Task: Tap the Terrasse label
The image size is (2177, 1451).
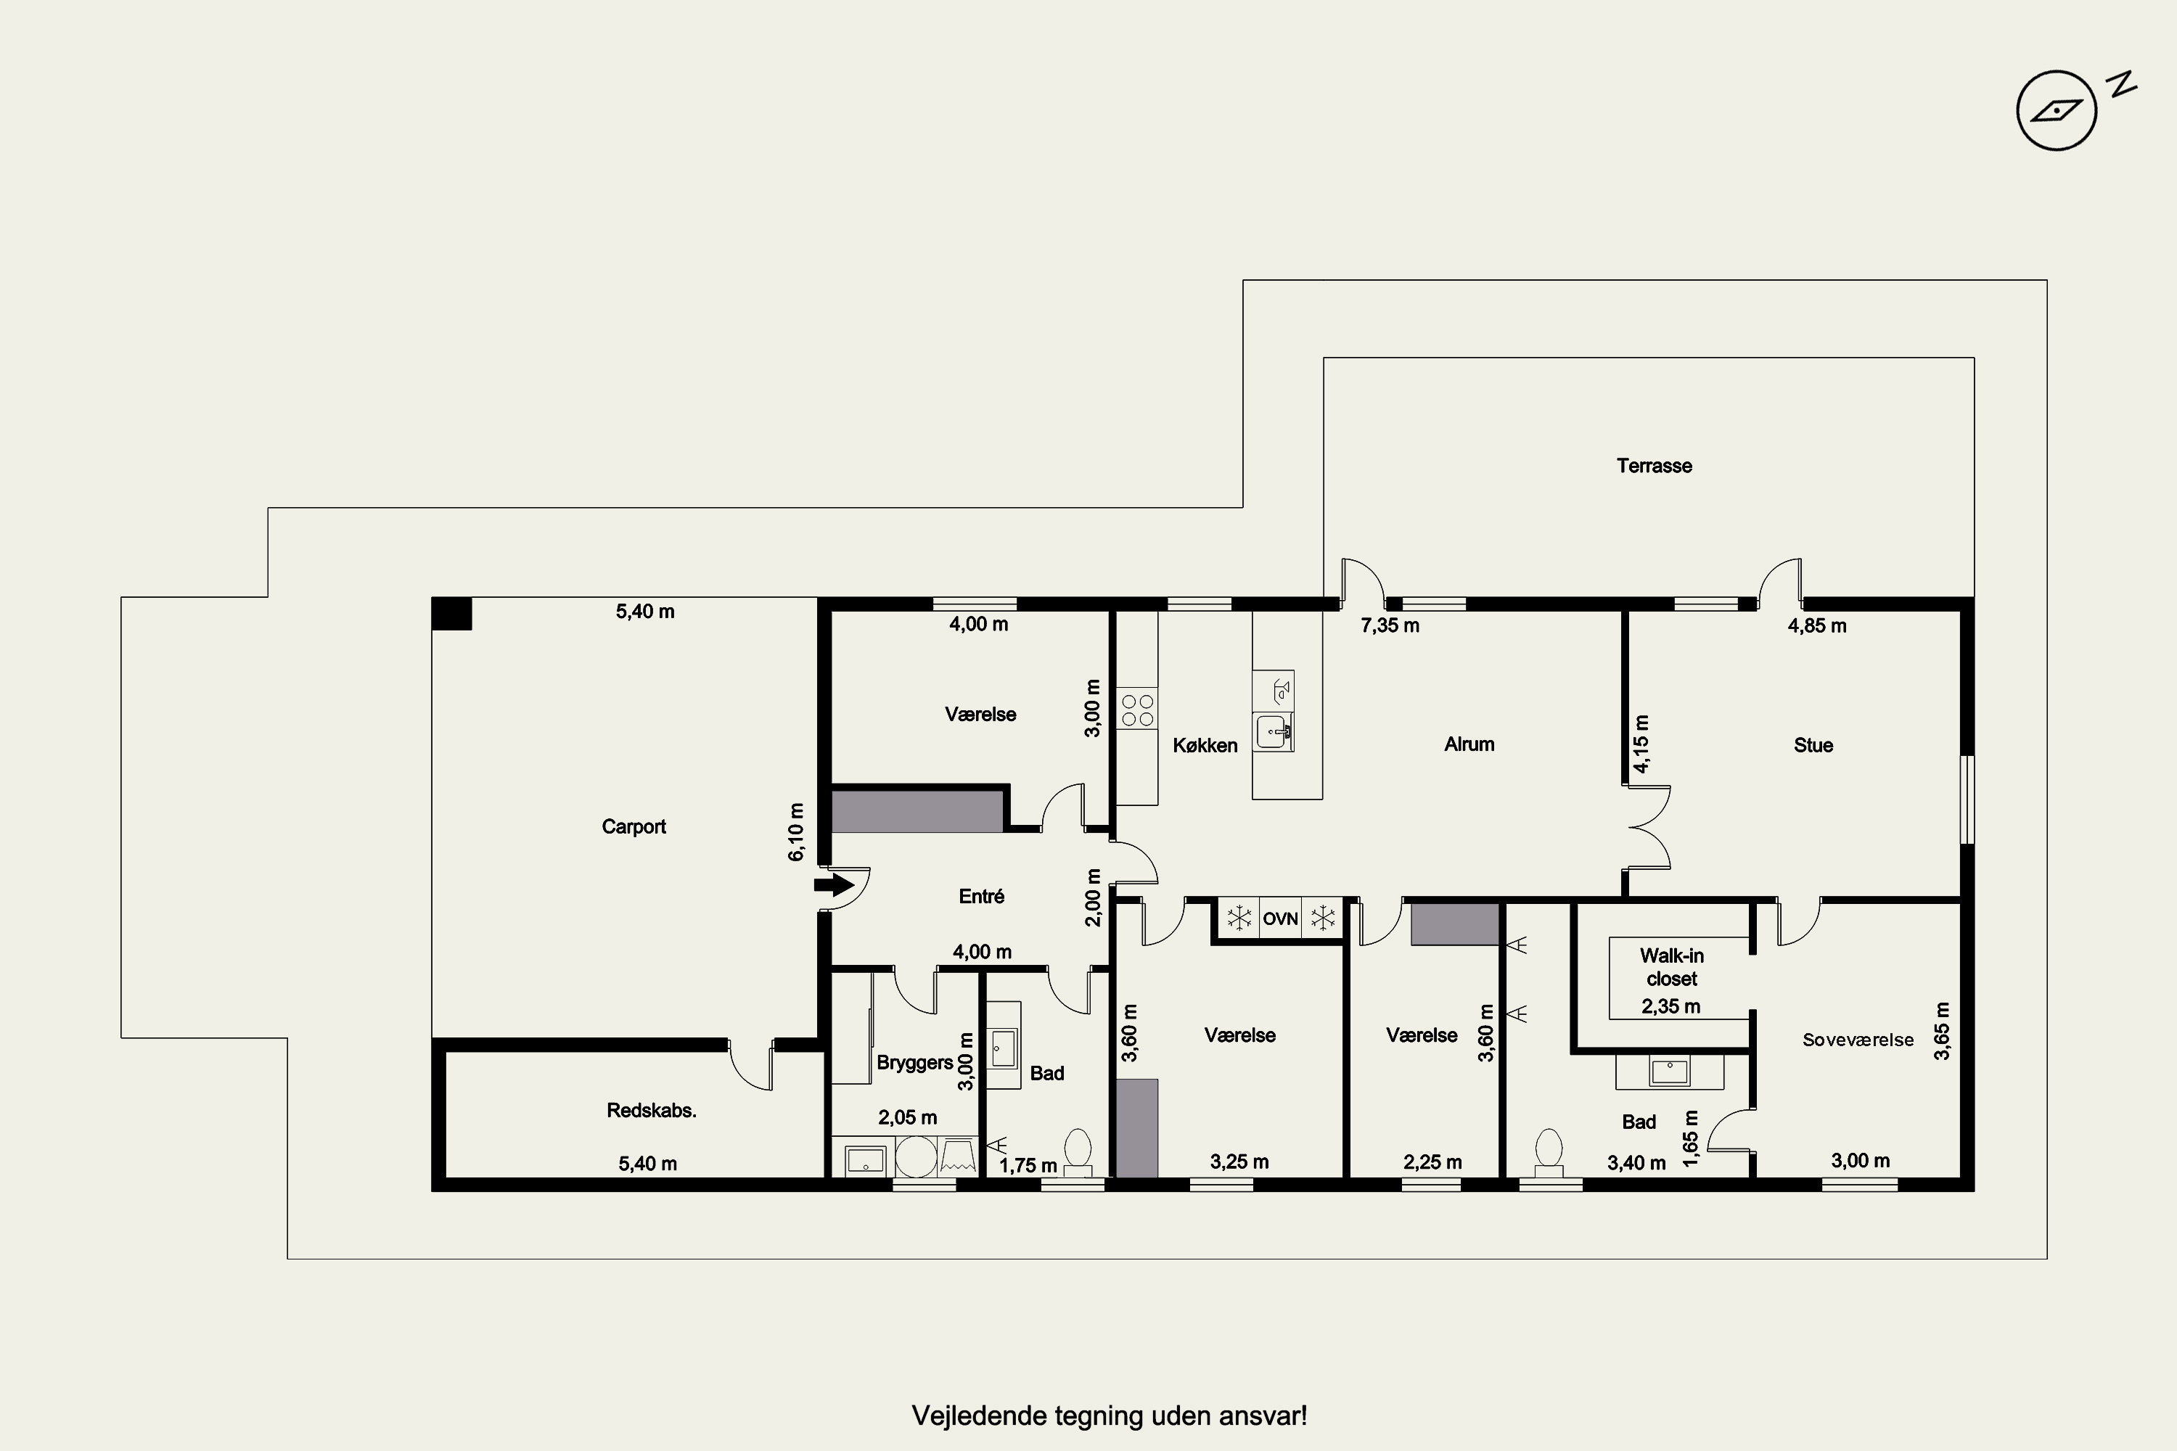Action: pos(1654,466)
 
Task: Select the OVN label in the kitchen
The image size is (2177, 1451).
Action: pos(1280,919)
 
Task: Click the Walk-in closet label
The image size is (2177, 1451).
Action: pos(1672,967)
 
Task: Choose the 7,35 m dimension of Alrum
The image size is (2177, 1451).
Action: pos(1390,625)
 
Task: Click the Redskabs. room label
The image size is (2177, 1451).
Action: pos(652,1111)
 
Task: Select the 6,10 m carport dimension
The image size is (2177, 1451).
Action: pos(796,832)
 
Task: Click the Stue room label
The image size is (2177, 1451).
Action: pos(1813,745)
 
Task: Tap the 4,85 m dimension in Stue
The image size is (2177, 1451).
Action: pos(1817,625)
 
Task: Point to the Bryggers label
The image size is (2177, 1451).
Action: pos(914,1062)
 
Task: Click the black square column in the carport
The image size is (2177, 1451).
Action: pos(451,614)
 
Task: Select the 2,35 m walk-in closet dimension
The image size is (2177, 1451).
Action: pos(1670,1006)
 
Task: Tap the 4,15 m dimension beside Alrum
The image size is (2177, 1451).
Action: pos(1641,744)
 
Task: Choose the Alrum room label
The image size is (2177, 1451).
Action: pos(1469,744)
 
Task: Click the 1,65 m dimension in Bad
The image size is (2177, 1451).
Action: pos(1691,1138)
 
